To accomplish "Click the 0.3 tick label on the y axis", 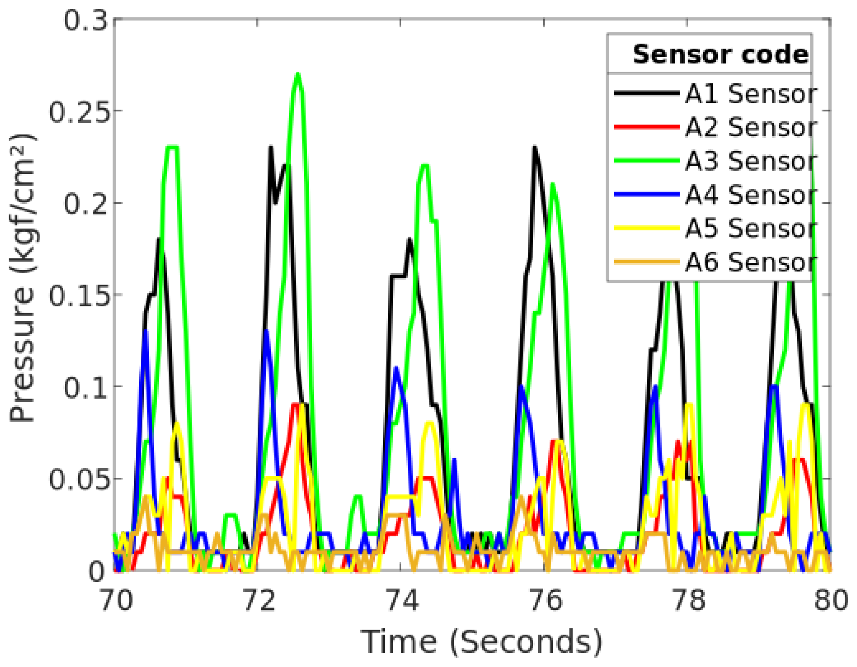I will coord(86,20).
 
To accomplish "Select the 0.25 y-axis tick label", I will coord(78,112).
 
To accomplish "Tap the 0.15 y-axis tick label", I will coord(78,295).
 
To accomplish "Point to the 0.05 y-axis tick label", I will coord(78,479).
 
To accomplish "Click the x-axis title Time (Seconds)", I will coord(481,642).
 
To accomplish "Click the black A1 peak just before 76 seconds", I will coord(534,148).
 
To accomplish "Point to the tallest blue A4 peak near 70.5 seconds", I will coord(146,331).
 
